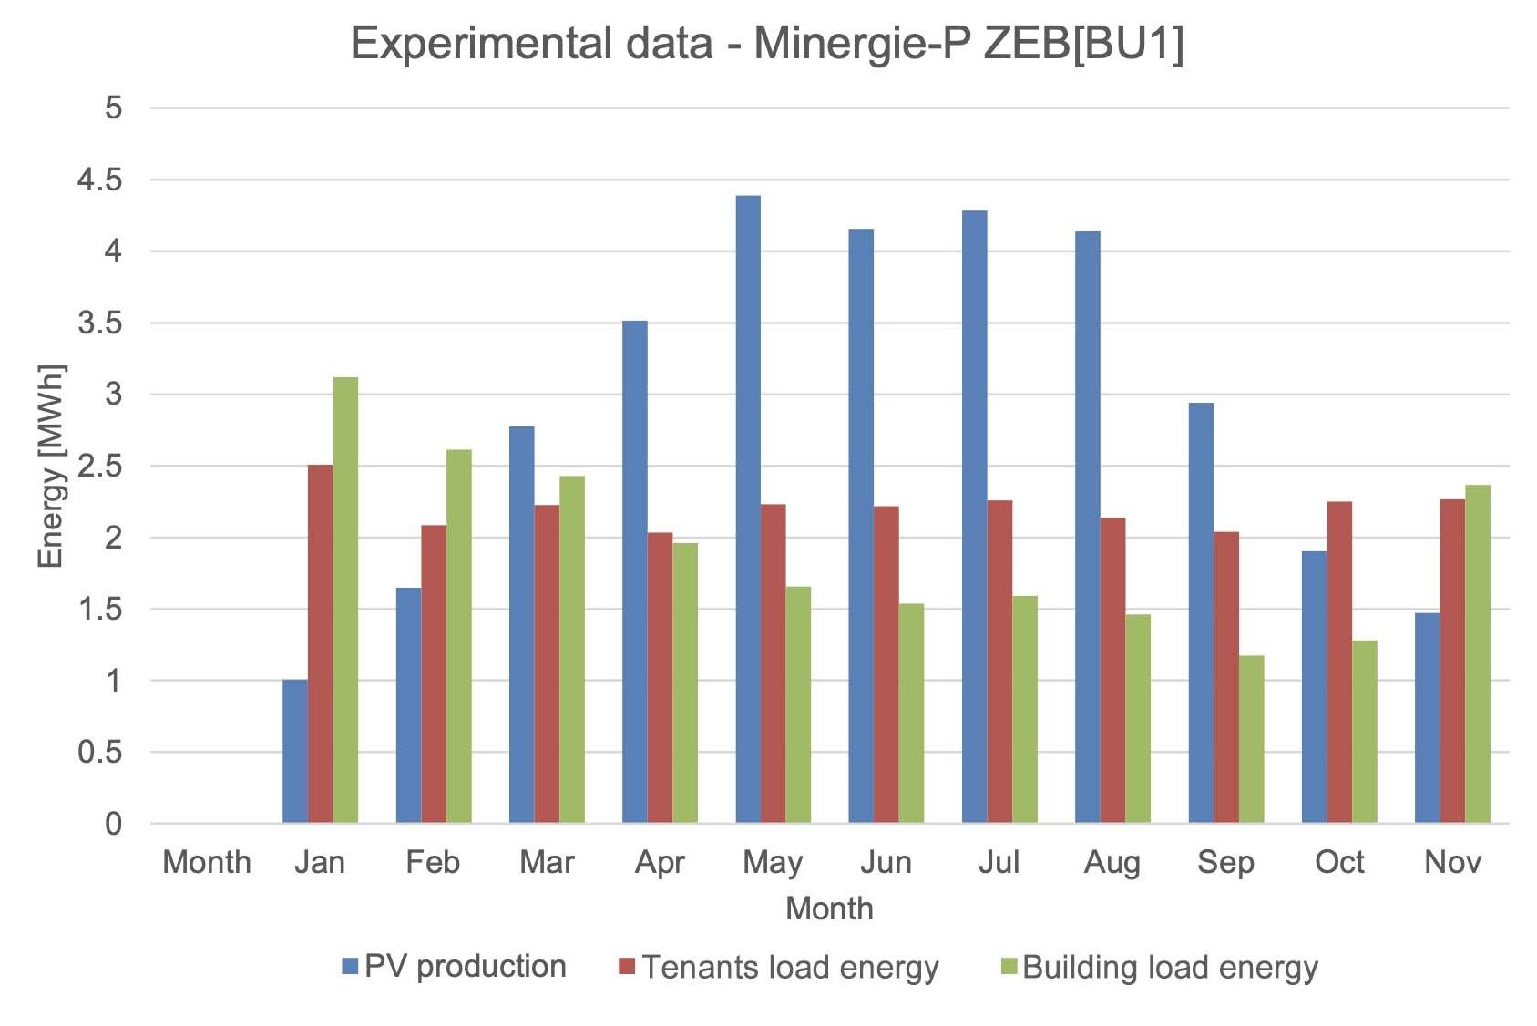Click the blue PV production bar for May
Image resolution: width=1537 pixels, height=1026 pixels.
pos(748,510)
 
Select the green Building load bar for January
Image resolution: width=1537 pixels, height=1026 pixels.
pos(345,601)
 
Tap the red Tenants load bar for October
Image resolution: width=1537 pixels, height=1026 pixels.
pos(1339,662)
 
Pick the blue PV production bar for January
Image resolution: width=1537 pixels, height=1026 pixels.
pos(295,752)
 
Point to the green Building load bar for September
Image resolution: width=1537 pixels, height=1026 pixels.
pos(1251,739)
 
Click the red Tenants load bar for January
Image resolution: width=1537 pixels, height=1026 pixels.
pos(320,644)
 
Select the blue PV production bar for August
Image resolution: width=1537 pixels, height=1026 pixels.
pos(1087,528)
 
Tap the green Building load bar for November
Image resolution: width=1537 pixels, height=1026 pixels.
pos(1478,654)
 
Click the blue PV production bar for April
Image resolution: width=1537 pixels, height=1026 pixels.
pos(635,572)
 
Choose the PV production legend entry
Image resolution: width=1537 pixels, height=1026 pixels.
pos(455,967)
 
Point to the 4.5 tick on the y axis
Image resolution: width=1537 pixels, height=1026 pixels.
pos(100,180)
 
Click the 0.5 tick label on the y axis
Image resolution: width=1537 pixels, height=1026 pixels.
pos(100,753)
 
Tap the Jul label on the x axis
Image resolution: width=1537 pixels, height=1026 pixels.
pos(999,862)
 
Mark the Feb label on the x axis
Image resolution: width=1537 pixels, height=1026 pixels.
pos(433,862)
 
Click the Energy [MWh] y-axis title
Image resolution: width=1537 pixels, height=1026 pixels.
pos(51,466)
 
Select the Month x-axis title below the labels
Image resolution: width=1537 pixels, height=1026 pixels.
pos(829,908)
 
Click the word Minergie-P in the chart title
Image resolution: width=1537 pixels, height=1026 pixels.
pos(861,44)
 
